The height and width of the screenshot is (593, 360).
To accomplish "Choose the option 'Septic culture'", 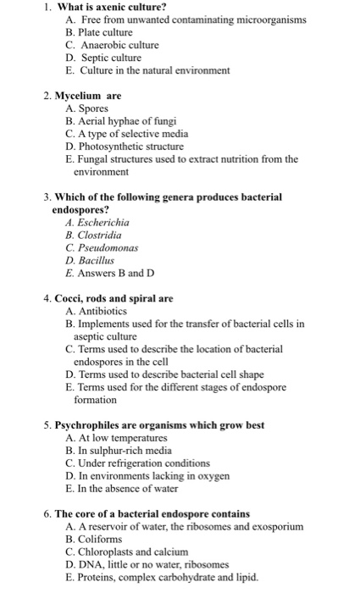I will [109, 57].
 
